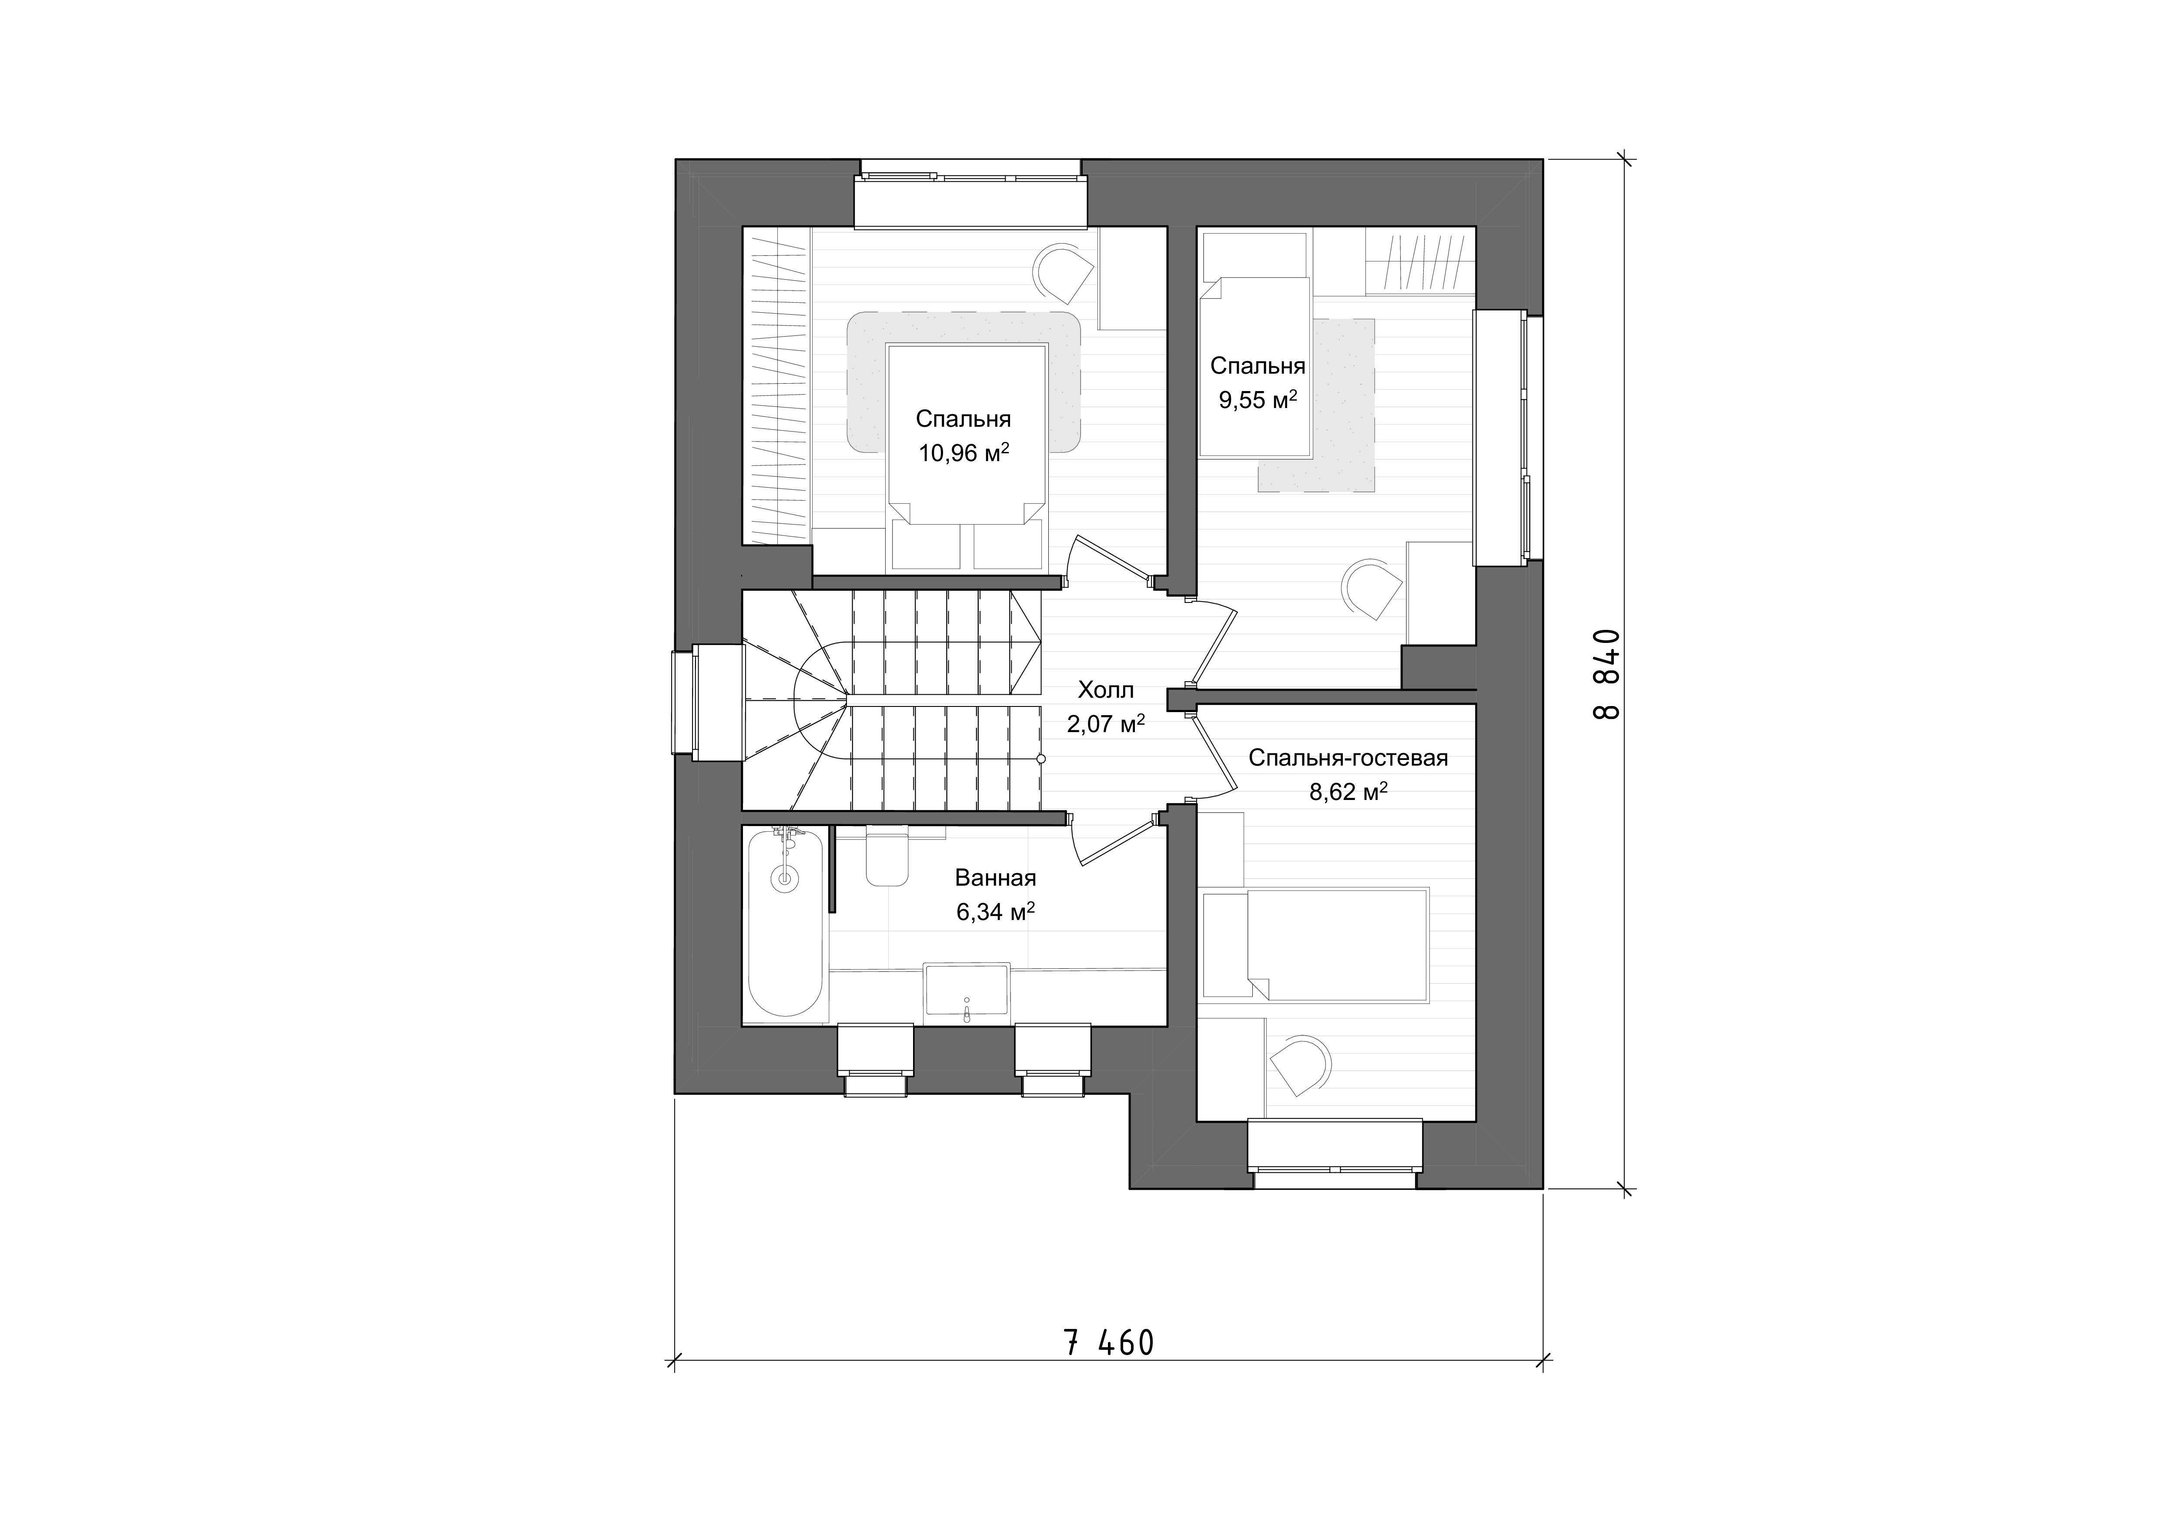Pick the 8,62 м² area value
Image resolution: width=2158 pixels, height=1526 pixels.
1349,792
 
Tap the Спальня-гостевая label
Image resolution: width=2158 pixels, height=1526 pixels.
1348,758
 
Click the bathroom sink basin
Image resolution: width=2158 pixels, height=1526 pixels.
967,988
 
